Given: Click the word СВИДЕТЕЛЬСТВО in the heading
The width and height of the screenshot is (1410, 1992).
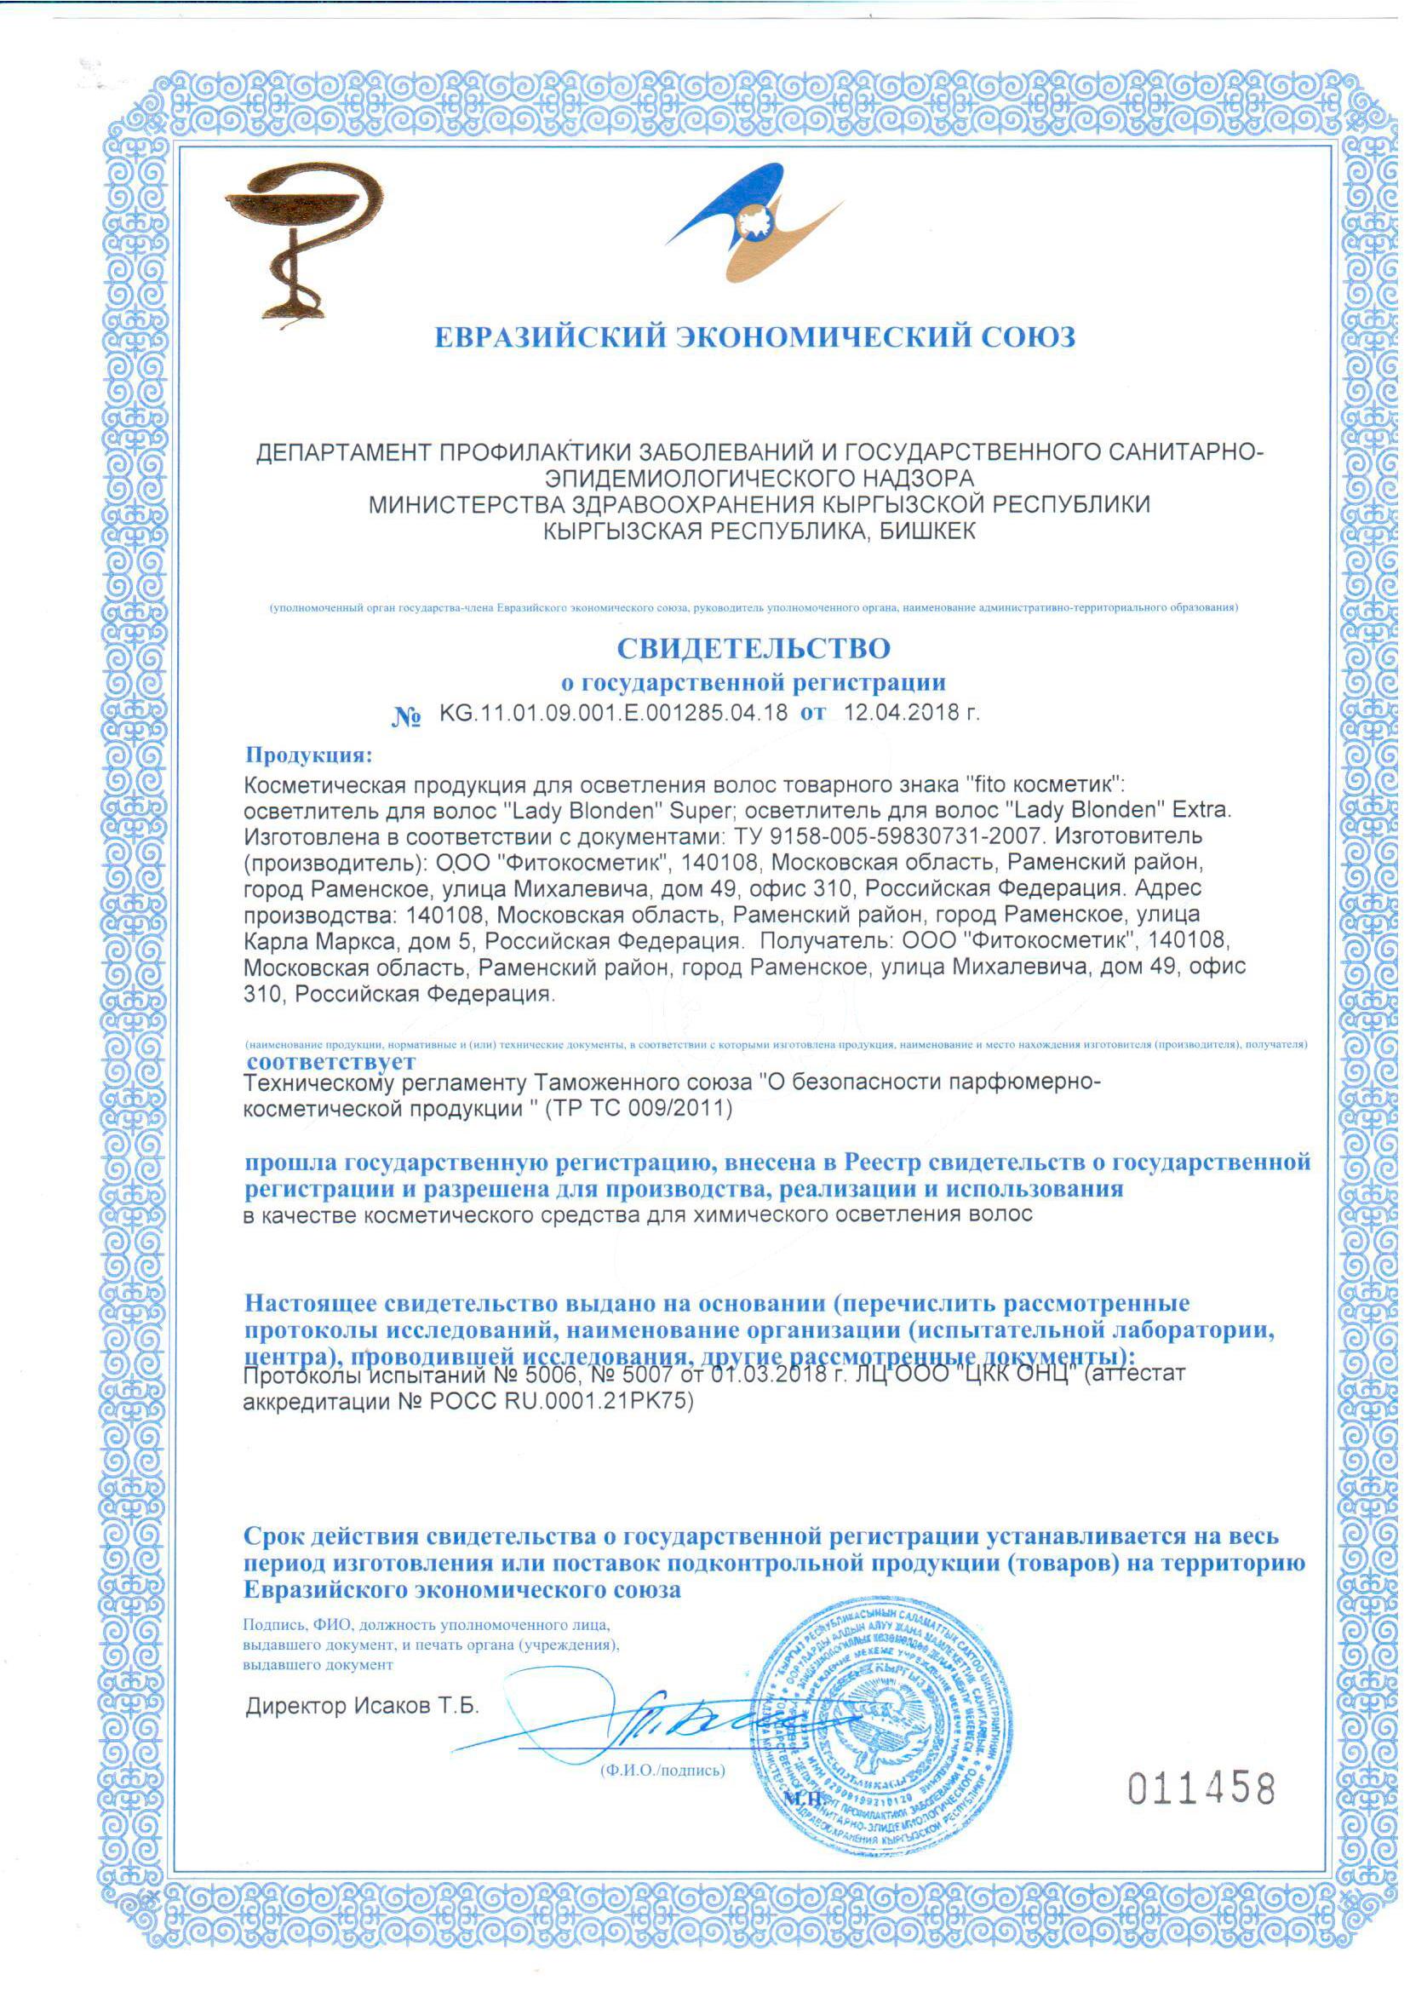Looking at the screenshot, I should tap(753, 649).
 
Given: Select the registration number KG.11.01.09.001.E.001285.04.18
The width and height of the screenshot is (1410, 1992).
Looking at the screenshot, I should tap(614, 714).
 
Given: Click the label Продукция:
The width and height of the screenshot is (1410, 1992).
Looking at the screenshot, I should tap(308, 755).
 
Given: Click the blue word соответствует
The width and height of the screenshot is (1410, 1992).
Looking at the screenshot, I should tap(331, 1061).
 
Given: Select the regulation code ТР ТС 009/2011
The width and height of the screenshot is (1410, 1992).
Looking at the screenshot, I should tap(638, 1110).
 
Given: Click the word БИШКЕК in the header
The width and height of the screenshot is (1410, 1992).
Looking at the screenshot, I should tap(927, 531).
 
